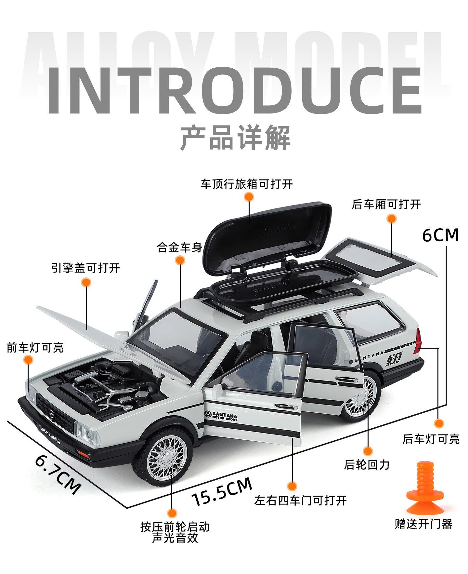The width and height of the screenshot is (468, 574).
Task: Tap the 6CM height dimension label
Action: (x=440, y=235)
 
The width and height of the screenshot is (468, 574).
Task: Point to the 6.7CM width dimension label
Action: (x=58, y=474)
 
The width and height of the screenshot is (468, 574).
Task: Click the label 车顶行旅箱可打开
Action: (x=247, y=184)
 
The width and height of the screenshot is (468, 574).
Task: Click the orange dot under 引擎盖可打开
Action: (x=86, y=282)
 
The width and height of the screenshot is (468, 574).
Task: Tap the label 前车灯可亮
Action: (x=35, y=348)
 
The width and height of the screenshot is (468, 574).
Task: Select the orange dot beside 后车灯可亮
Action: (x=439, y=423)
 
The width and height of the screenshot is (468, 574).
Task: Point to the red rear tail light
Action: (x=417, y=341)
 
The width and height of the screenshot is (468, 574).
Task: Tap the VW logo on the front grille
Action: (x=51, y=413)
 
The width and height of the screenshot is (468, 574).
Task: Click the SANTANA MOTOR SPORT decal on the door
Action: (x=221, y=416)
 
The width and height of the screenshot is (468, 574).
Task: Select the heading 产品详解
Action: (x=235, y=138)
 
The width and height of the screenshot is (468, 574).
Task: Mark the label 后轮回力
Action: (x=367, y=465)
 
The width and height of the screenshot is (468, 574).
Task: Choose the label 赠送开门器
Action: (x=423, y=524)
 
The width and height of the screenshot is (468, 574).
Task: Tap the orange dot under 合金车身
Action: (x=180, y=260)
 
